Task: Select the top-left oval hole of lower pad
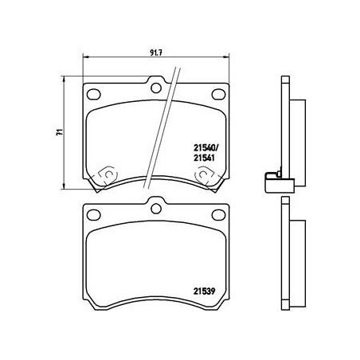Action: coord(93,213)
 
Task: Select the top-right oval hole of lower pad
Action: coord(217,213)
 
